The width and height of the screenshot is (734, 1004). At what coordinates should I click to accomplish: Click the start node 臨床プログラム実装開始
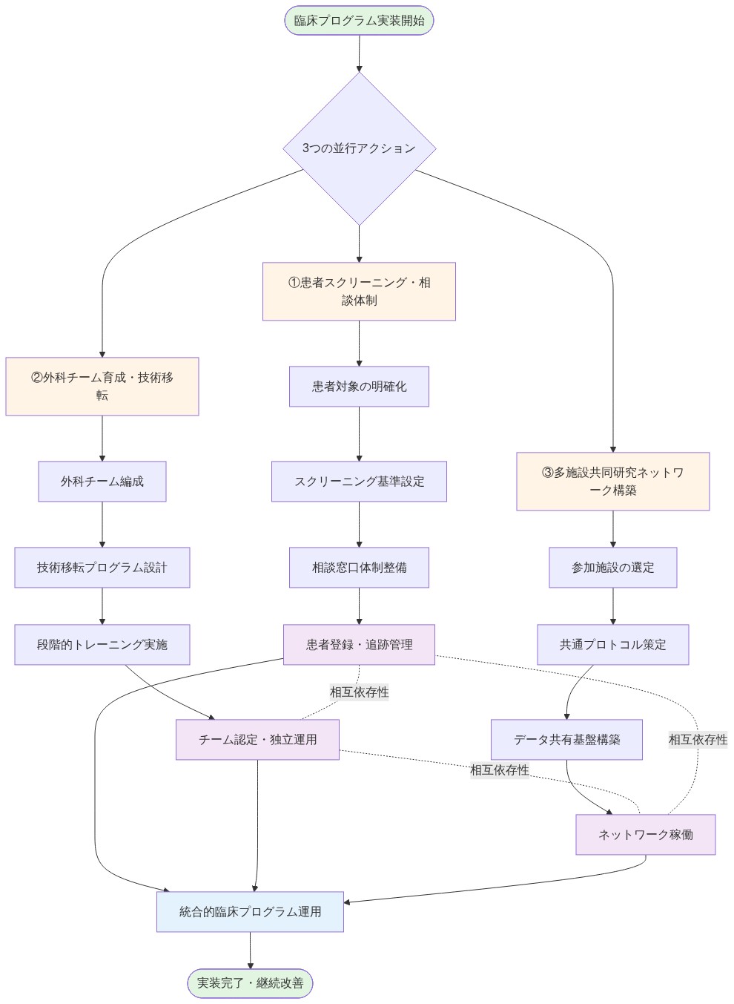pos(359,21)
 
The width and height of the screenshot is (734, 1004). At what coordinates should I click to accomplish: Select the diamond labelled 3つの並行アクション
pos(359,148)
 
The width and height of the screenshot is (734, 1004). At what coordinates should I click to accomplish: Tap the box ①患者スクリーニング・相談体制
pos(359,292)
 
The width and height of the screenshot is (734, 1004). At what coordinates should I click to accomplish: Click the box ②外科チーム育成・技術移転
pos(102,387)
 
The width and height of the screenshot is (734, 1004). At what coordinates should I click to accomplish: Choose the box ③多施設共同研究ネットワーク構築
pos(612,482)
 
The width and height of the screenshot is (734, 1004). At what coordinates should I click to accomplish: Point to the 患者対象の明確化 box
pos(359,387)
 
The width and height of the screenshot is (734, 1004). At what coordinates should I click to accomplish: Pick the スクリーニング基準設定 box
pos(359,482)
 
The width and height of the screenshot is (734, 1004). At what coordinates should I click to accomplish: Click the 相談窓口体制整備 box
pos(359,568)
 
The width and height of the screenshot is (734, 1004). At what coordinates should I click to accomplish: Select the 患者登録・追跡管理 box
pos(359,645)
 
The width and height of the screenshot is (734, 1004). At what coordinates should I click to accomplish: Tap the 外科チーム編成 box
pos(102,482)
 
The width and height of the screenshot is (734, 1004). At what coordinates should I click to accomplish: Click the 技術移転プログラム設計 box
pos(102,568)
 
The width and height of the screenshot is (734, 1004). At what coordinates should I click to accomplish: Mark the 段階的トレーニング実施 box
pos(102,645)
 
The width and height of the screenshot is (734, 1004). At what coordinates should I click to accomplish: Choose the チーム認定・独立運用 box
pos(257,740)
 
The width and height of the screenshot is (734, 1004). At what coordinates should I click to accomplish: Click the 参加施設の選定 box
pos(612,568)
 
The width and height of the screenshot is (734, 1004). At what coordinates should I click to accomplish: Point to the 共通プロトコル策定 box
pos(612,645)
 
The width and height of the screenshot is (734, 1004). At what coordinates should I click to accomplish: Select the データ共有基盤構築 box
pos(566,740)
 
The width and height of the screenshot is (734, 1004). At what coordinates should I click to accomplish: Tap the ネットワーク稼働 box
pos(645,835)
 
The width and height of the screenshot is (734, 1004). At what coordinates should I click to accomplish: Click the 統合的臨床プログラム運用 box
pos(250,912)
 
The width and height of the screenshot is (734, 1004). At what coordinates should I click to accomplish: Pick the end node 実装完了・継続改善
pos(250,983)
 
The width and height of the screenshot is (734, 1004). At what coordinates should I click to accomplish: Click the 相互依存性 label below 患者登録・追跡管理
pos(359,692)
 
